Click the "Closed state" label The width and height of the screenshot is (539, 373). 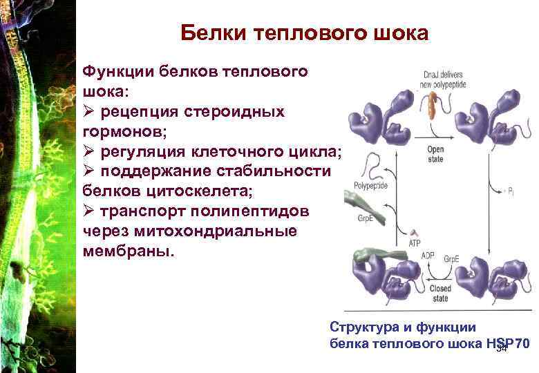click(x=439, y=294)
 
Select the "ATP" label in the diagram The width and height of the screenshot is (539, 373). click(x=414, y=242)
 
